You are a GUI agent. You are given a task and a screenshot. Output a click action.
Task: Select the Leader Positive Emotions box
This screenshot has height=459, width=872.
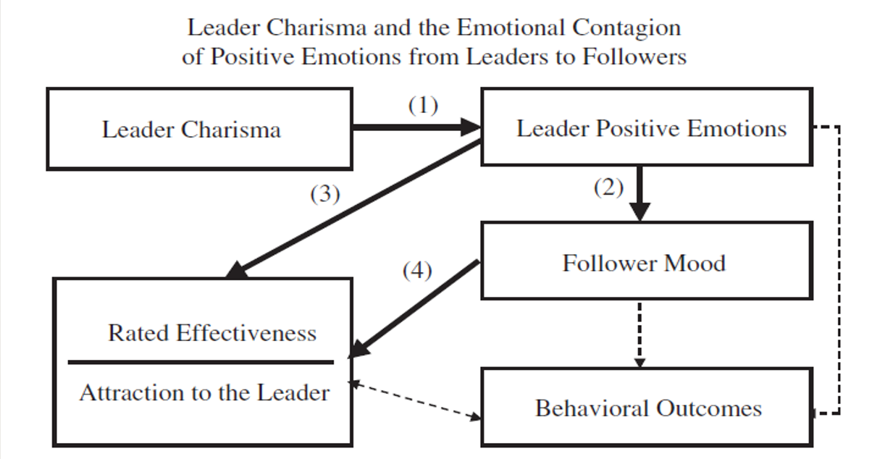coord(650,127)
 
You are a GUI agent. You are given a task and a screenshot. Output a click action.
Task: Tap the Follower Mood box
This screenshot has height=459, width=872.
coord(643,261)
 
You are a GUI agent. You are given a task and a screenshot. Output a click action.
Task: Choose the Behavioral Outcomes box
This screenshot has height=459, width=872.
coord(648,407)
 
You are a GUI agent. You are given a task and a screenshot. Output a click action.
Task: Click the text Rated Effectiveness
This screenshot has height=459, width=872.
coord(212,332)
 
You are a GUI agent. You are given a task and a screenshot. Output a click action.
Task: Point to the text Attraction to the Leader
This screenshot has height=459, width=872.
coord(204,392)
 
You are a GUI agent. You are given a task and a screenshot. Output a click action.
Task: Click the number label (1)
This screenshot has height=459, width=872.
coord(423,106)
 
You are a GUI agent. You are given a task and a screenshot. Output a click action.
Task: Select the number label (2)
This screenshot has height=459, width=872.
coord(608,188)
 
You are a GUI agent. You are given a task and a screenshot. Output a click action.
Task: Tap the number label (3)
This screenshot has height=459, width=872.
coord(325,195)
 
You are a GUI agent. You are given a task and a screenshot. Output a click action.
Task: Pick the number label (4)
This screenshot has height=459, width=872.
coord(417,271)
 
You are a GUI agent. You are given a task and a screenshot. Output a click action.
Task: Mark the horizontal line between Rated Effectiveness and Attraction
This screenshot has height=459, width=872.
coord(201,361)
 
